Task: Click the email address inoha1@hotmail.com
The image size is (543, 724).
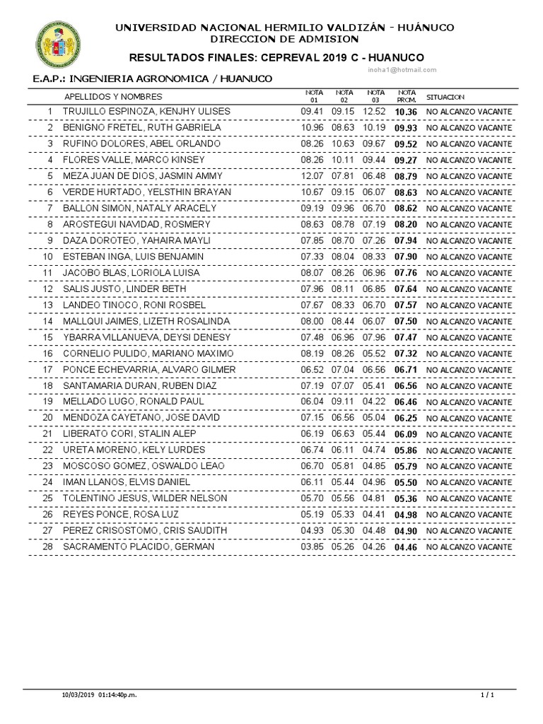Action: tap(402, 70)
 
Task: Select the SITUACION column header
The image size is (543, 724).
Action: tap(445, 96)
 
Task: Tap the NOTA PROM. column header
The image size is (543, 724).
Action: tap(407, 95)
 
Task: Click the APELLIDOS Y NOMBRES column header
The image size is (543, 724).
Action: tap(113, 96)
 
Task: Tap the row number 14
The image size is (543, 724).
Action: tap(48, 321)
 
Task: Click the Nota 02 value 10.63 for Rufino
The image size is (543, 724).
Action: tap(344, 144)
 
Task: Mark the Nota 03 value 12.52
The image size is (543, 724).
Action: tap(374, 112)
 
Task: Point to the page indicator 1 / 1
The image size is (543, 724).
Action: tap(486, 696)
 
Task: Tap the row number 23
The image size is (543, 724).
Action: tap(48, 466)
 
